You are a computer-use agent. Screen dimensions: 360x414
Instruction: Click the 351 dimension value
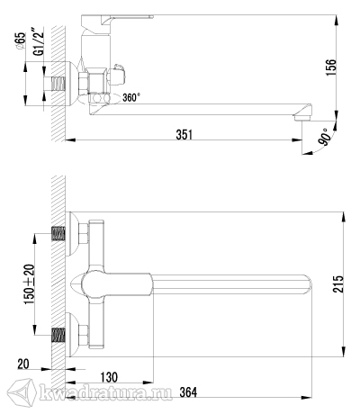(184, 134)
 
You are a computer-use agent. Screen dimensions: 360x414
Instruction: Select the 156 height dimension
(331, 67)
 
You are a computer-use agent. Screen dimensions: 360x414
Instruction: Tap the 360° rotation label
(131, 97)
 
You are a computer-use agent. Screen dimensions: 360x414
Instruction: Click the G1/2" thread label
(39, 41)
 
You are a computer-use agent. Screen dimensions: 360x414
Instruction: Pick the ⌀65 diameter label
(21, 41)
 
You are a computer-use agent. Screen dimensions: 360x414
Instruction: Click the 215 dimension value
(338, 283)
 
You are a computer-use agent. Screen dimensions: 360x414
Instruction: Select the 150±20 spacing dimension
(30, 284)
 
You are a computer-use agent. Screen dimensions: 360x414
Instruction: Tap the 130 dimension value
(109, 377)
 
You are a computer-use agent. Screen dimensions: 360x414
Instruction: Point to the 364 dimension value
(188, 391)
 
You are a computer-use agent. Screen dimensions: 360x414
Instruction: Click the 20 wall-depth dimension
(23, 364)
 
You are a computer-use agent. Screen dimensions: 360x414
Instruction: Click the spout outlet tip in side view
(301, 118)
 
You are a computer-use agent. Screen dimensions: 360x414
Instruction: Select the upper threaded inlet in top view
(58, 234)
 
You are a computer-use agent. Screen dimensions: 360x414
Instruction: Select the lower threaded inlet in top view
(58, 335)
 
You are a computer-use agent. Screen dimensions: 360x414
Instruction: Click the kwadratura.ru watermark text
(105, 392)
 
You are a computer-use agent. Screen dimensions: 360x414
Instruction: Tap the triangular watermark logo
(22, 392)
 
